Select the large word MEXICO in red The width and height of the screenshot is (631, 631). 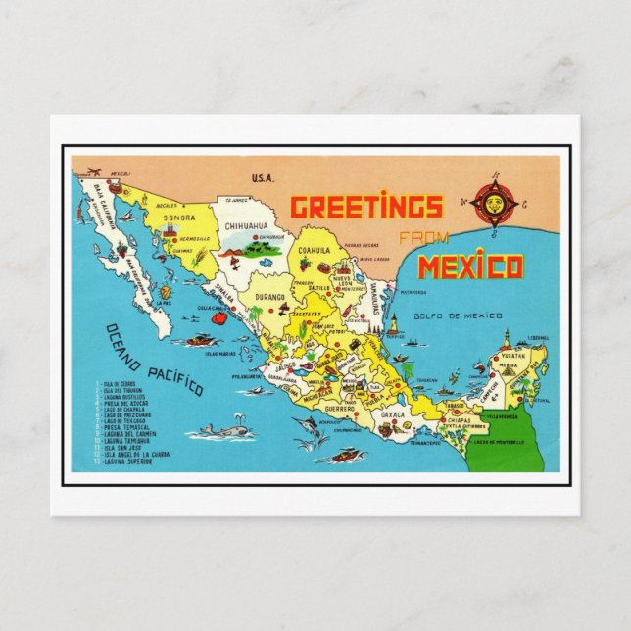tap(469, 267)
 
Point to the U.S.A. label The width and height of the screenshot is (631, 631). tap(262, 178)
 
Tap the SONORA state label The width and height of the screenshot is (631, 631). tap(179, 218)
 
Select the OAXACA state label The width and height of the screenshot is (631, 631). tap(392, 414)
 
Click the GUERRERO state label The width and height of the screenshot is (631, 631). tap(340, 408)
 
